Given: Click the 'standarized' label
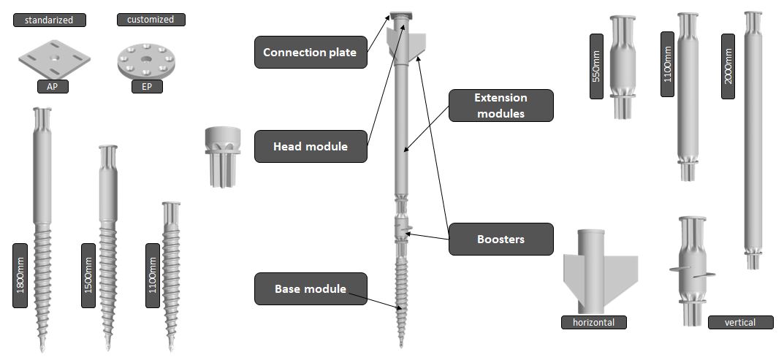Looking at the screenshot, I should [49, 20].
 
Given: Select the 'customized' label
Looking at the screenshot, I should [150, 20].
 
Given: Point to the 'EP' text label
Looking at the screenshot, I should [148, 86].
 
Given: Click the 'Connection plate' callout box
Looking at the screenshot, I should [310, 53].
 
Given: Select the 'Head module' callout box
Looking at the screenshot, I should [310, 147].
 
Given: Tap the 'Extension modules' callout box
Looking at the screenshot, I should [501, 105].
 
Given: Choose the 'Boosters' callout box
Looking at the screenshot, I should [501, 240].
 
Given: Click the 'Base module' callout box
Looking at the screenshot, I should [310, 289].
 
